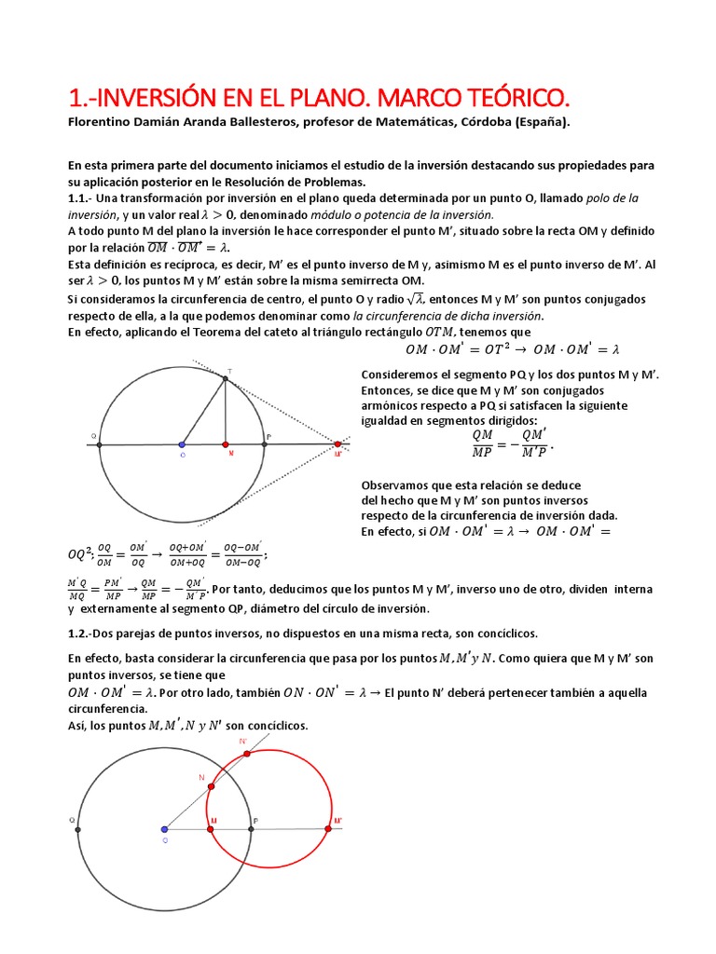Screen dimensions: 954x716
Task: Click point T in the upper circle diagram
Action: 226,378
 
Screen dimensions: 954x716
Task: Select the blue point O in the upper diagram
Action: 182,445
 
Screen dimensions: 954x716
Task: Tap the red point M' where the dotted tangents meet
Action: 337,445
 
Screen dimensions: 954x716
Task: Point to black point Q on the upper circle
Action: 99,445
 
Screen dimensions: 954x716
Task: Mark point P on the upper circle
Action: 265,445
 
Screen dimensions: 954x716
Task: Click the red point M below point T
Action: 226,445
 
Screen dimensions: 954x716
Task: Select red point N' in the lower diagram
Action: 241,750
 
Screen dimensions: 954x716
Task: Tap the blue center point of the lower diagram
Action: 165,828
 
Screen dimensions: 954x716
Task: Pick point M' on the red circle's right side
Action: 328,828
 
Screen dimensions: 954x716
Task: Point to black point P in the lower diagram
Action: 252,828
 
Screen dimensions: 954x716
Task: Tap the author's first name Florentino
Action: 102,122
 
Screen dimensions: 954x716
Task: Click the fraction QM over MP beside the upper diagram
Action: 483,444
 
